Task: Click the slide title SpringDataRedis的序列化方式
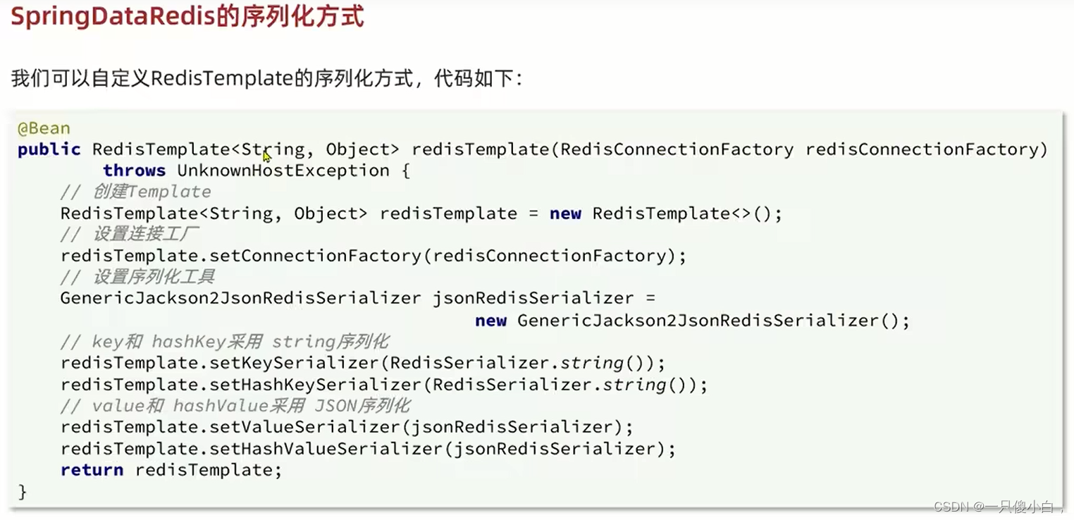187,17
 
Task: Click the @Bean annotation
44,128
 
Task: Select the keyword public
49,149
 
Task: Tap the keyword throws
134,171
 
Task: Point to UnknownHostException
283,171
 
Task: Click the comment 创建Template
136,192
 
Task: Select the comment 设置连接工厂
136,235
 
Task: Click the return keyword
92,470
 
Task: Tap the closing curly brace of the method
23,491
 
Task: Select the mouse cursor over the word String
266,156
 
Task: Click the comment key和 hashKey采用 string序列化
225,342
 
